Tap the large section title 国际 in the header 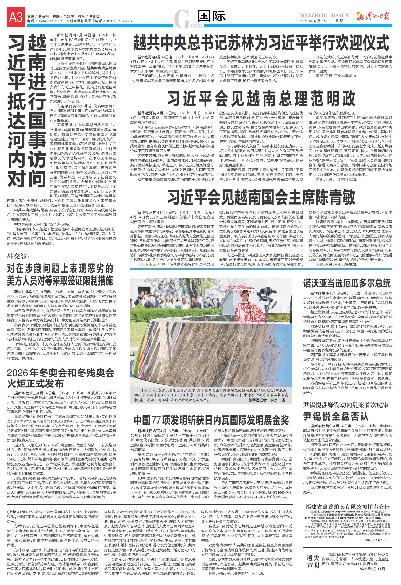pos(212,17)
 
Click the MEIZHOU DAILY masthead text pos(324,15)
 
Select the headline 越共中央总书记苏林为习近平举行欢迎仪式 pos(261,42)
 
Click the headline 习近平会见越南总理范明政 pos(261,99)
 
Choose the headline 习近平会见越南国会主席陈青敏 pos(261,198)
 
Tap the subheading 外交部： pos(18,257)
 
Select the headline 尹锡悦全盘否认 pos(336,416)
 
